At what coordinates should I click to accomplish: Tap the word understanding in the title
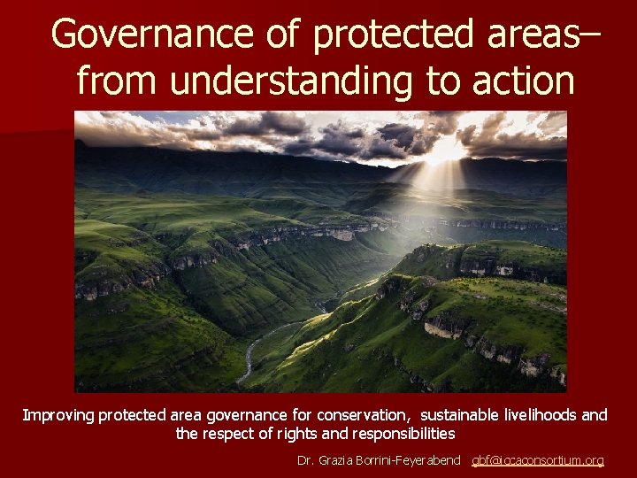(291, 81)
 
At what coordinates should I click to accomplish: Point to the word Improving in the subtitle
(58, 414)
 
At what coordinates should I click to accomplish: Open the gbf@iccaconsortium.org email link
(538, 460)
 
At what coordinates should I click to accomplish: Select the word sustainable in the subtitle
(462, 414)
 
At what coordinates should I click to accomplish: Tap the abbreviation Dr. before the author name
(306, 460)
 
